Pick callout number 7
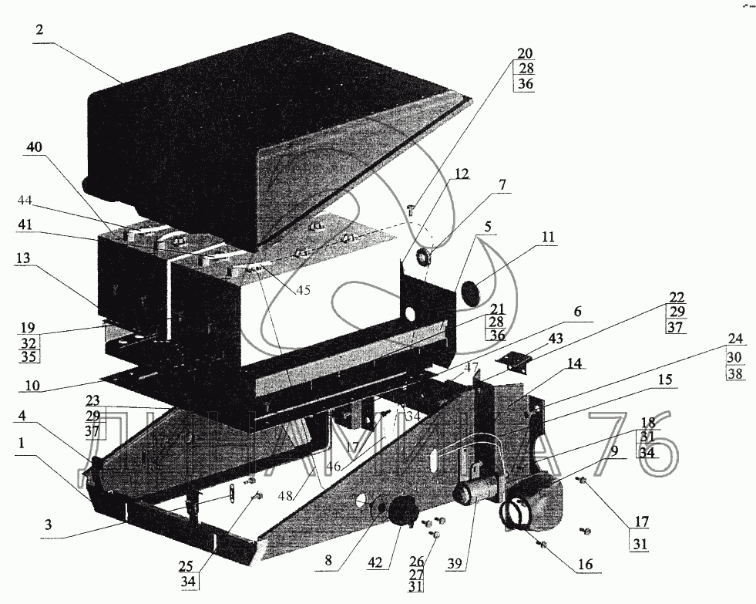coord(502,185)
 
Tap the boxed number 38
coord(734,374)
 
